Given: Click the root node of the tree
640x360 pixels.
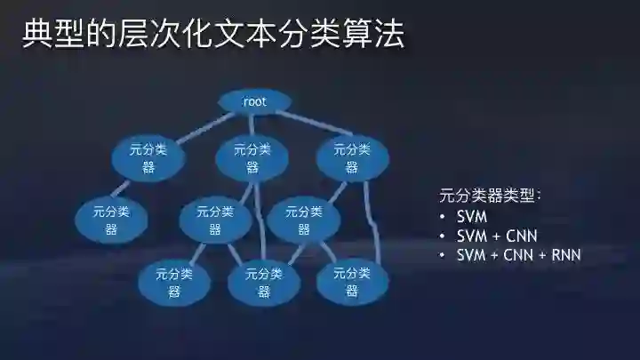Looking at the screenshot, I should click(254, 102).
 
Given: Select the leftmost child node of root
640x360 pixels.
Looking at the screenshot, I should click(148, 158).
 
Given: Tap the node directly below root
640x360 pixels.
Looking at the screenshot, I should click(252, 158).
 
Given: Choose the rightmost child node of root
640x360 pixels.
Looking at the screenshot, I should click(352, 158).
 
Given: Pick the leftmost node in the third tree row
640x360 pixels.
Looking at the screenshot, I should click(111, 220).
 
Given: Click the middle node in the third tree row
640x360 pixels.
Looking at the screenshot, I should click(215, 220).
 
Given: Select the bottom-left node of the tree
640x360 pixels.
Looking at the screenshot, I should click(173, 282).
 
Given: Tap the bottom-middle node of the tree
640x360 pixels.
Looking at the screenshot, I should click(263, 282).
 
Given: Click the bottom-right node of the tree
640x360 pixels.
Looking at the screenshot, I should click(352, 282).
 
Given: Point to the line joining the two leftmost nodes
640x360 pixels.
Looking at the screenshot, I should click(130, 189).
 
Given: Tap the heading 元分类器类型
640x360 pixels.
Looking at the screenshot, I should click(491, 196).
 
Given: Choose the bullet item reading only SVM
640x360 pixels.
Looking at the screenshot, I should click(472, 217).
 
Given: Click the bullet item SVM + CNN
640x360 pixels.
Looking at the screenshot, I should click(496, 236).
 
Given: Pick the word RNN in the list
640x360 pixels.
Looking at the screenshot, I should click(566, 255).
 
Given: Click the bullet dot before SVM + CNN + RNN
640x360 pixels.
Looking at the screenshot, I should click(443, 255).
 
